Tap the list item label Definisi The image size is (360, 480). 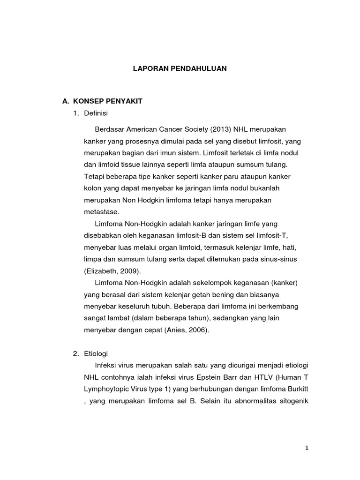point(96,113)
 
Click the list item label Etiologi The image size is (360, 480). point(96,353)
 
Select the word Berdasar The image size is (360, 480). point(110,129)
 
